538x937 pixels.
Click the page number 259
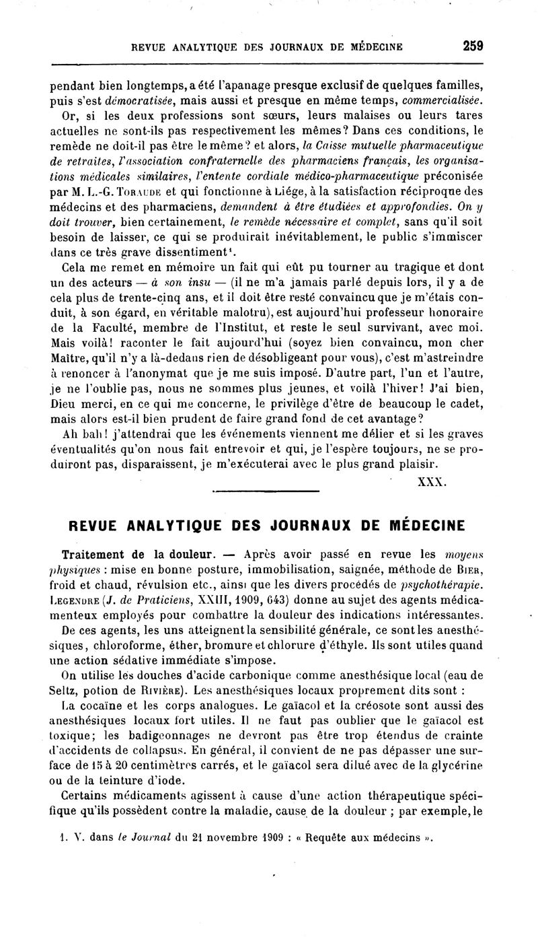click(473, 46)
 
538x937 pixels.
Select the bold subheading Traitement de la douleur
click(138, 555)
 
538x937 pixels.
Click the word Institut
click(242, 328)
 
